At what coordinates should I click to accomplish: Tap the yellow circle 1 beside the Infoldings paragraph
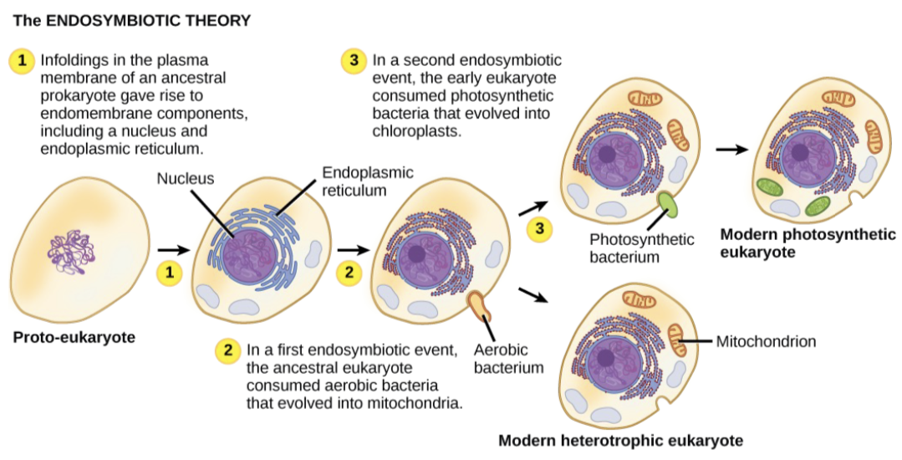click(x=21, y=61)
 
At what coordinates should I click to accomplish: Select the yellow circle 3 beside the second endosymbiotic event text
click(x=354, y=61)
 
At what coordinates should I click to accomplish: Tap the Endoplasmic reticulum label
click(x=354, y=181)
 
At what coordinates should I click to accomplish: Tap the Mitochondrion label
click(x=766, y=341)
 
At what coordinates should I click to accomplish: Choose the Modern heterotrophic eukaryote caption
click(x=620, y=440)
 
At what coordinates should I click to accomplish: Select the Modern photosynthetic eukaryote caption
click(x=807, y=243)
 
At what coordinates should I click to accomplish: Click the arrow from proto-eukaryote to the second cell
click(x=173, y=249)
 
